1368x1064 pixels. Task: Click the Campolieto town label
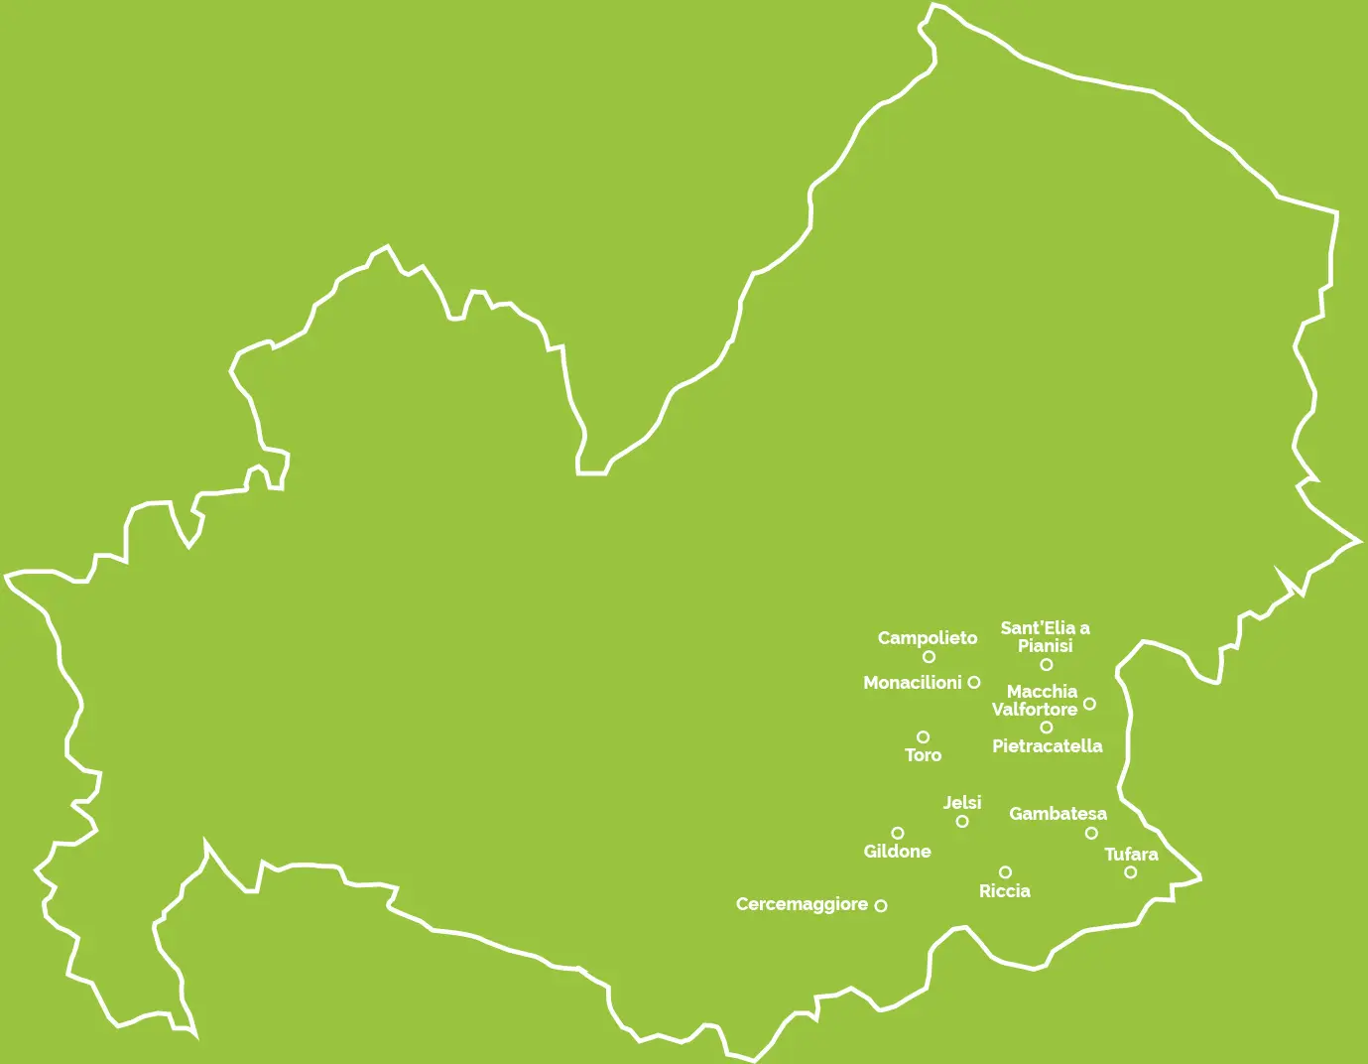coord(927,638)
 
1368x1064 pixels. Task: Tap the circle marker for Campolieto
coord(929,657)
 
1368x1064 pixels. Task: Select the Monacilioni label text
coord(912,683)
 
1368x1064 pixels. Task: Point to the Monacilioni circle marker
coord(974,683)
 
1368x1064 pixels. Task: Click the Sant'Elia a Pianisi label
coord(1045,636)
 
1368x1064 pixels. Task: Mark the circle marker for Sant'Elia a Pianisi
coord(1046,665)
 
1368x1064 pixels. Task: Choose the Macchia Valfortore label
coord(1036,701)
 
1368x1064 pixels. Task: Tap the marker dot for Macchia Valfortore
coord(1089,704)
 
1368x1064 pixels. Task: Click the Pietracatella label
coord(1047,746)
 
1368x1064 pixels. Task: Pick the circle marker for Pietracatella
coord(1046,728)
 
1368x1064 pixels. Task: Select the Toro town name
coord(923,755)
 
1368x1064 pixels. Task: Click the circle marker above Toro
coord(923,737)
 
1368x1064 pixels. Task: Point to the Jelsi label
coord(962,803)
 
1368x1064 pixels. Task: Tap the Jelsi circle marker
coord(961,822)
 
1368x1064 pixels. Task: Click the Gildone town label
coord(897,852)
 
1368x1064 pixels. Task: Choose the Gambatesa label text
coord(1057,814)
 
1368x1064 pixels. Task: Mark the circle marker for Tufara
coord(1130,872)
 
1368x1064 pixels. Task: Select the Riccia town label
coord(1004,891)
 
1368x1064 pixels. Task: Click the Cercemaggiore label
coord(802,904)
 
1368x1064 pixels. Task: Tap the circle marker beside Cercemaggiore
coord(880,905)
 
